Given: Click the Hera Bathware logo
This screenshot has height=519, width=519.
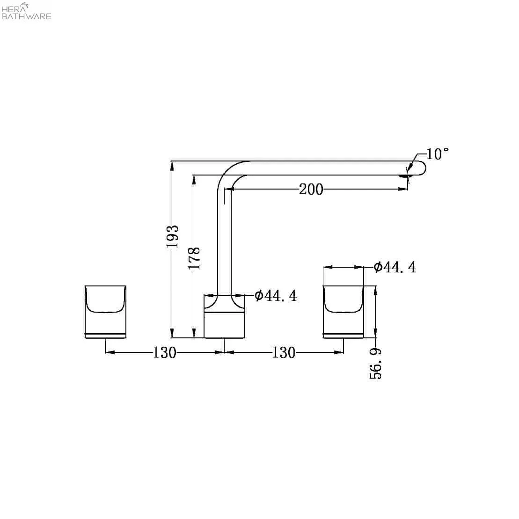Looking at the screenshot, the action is point(26,11).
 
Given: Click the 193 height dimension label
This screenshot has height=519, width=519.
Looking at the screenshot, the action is point(172,236).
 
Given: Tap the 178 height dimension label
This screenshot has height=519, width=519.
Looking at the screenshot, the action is point(194,258).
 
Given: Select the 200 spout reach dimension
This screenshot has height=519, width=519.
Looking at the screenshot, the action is point(311,190).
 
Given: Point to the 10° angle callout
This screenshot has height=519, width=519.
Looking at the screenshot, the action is point(437,154).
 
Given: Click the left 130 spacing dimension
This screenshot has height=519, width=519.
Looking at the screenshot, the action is point(165,352).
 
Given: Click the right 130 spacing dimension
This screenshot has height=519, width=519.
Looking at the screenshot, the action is point(284,352).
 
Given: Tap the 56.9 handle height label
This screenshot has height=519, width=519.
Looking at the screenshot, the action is point(375,364).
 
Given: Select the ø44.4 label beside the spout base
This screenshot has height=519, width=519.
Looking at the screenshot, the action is point(276,296).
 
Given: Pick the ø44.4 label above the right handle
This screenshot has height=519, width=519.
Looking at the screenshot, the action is point(395,267).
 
